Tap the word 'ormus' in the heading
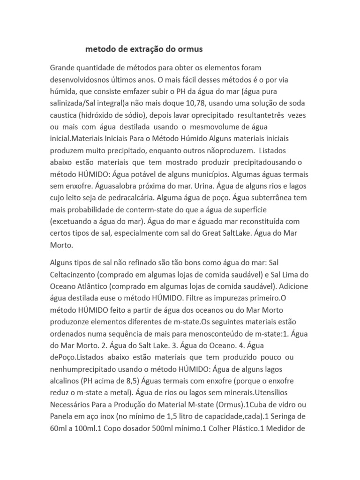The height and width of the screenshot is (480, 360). (192, 49)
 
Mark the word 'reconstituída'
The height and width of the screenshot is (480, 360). (255, 221)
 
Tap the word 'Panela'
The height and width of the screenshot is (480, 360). (61, 416)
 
